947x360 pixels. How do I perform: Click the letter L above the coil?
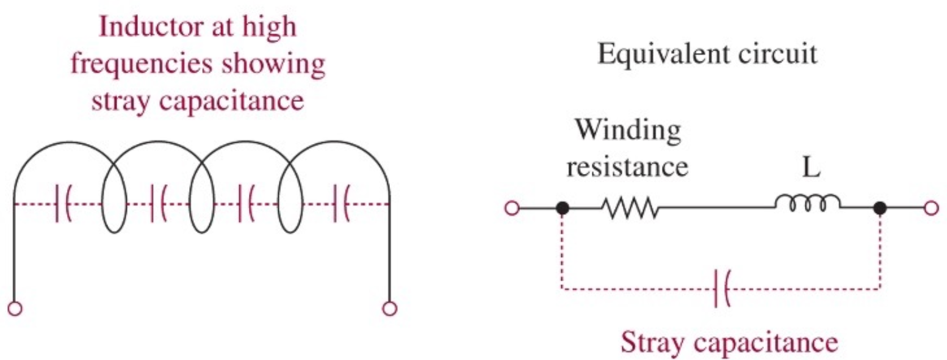pyautogui.click(x=810, y=167)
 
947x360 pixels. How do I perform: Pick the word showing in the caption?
pyautogui.click(x=283, y=65)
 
